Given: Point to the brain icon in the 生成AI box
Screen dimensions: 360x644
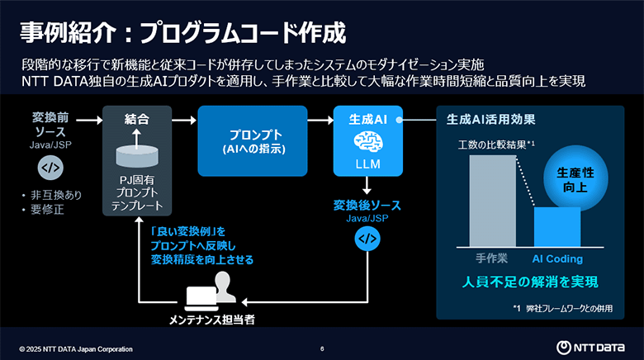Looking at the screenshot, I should (x=366, y=140).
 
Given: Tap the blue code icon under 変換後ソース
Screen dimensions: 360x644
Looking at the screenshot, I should (x=366, y=239).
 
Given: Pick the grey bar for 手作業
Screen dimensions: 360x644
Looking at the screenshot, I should (x=491, y=201).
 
